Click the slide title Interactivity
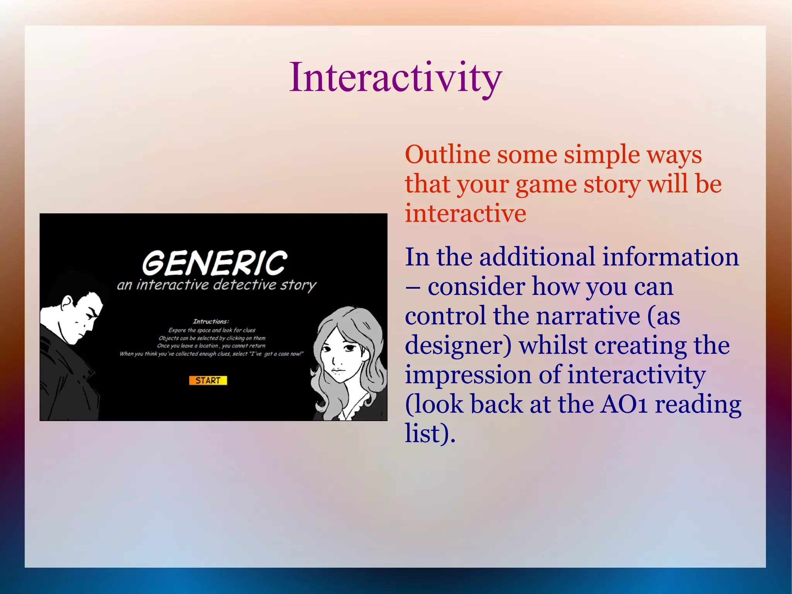(395, 79)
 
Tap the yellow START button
(208, 380)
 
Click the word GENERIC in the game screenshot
(215, 263)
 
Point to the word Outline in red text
(447, 155)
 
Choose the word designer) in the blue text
(458, 346)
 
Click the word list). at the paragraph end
(430, 434)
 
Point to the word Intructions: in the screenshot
(211, 322)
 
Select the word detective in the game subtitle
(244, 285)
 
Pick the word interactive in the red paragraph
(465, 214)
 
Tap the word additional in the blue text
(537, 257)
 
